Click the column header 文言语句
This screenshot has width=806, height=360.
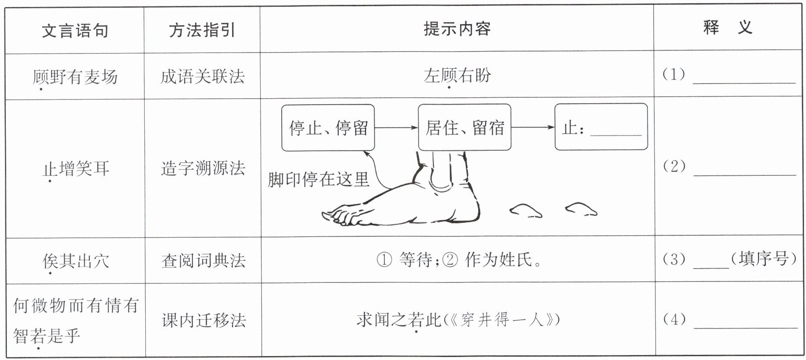(x=75, y=31)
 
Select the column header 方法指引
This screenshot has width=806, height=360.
(x=202, y=31)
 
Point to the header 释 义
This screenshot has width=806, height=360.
(x=727, y=28)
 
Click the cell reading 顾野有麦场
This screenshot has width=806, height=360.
(x=75, y=77)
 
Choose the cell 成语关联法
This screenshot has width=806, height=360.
(x=202, y=77)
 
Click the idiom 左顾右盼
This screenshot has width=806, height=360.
(x=457, y=76)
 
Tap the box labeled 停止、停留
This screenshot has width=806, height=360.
(x=328, y=128)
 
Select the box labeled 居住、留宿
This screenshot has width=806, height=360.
(x=464, y=128)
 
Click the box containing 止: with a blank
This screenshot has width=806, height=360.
(x=601, y=128)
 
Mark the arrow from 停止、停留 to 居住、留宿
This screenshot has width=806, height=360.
(x=396, y=128)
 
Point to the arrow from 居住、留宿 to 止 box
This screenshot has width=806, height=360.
(x=533, y=128)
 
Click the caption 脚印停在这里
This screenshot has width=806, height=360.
(x=318, y=180)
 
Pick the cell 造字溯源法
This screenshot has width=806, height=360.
(x=202, y=169)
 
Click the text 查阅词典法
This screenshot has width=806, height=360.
(x=202, y=261)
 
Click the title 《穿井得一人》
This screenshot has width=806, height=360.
(x=501, y=320)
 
